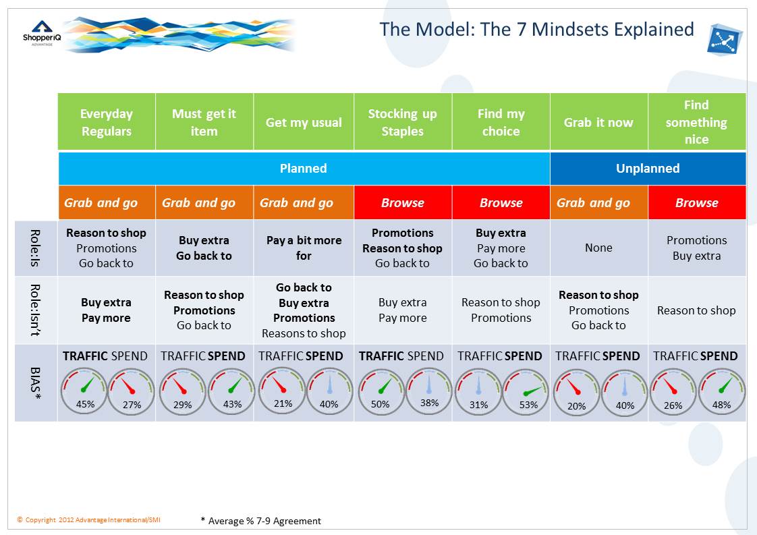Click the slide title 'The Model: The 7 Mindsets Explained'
(x=536, y=30)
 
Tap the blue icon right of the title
(x=725, y=38)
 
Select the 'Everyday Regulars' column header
(x=107, y=122)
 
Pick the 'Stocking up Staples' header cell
(x=402, y=122)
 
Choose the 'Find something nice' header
(x=696, y=122)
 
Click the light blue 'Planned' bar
(x=304, y=168)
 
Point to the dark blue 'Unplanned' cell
(x=648, y=168)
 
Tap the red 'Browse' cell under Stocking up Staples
(x=402, y=202)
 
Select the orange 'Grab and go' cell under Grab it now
(x=598, y=202)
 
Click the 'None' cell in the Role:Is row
(x=598, y=248)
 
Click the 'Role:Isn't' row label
(x=36, y=310)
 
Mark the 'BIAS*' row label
(x=36, y=383)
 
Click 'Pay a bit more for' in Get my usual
(x=304, y=248)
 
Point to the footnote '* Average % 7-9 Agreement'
(x=261, y=521)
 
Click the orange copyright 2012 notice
(x=89, y=519)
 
